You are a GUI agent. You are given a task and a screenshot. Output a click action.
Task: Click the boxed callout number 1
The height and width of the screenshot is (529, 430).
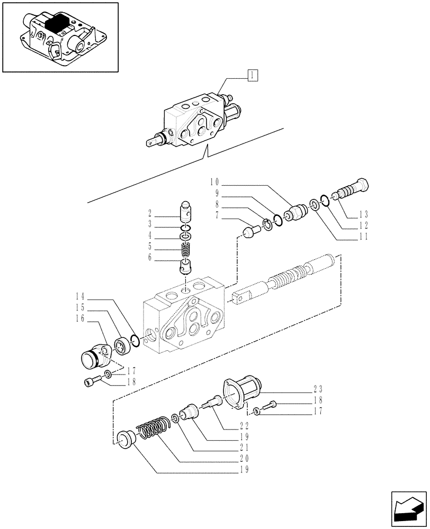tap(252, 76)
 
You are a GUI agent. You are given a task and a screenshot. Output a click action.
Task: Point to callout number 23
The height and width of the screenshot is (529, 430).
tap(318, 388)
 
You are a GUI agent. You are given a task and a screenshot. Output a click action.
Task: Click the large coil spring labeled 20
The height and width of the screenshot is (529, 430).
tap(154, 427)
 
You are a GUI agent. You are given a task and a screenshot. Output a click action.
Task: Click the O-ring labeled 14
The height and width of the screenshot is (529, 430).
tap(135, 341)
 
